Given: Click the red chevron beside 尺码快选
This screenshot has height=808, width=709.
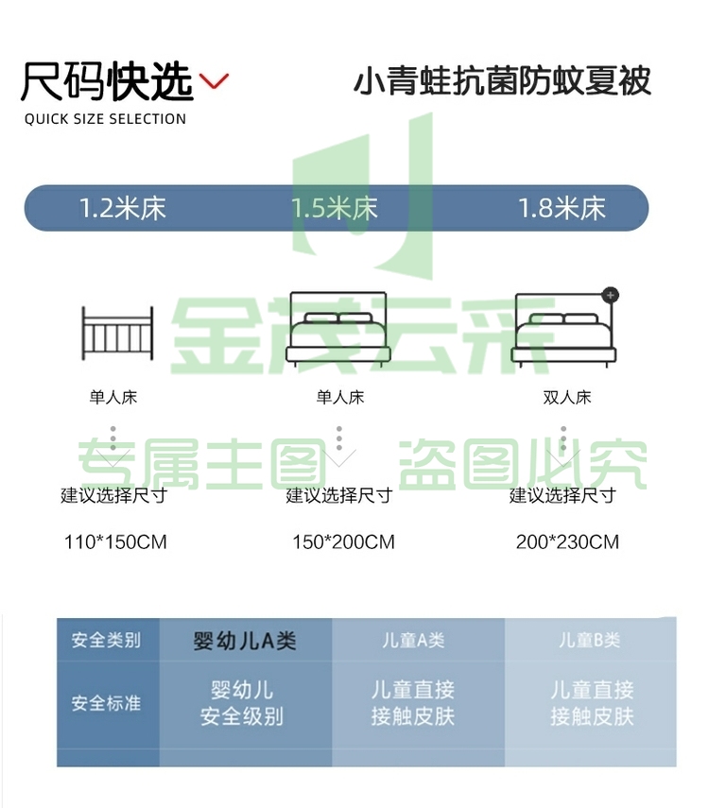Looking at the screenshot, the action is (214, 81).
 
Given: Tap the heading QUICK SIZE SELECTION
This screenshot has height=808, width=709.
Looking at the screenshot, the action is (105, 119).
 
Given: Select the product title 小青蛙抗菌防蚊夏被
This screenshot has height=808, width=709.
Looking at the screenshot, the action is (502, 81).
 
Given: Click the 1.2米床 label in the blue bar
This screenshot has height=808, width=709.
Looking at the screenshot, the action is (123, 209).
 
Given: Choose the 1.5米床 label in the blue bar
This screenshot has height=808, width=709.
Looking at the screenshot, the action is (335, 209).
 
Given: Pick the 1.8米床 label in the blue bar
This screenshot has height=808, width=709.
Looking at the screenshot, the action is (562, 209).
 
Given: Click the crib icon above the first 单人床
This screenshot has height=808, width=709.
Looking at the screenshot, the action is (117, 334).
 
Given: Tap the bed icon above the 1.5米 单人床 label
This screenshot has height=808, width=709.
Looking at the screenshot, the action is (338, 329).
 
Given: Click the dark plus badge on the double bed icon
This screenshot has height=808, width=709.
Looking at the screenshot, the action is (611, 295).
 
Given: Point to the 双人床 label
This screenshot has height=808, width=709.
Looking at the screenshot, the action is (566, 397).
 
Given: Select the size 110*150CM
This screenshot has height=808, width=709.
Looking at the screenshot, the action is (115, 542).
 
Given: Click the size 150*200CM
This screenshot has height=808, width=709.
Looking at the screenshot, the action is (343, 542).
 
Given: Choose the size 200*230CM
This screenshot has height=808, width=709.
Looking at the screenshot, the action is (567, 542).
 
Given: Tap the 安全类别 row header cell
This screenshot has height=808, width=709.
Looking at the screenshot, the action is (106, 640).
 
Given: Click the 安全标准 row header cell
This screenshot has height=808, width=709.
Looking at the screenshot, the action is (106, 703).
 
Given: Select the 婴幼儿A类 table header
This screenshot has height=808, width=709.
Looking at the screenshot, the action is (245, 641).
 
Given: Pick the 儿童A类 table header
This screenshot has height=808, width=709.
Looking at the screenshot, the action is (413, 640).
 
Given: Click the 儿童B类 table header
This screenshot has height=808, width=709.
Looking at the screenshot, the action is (590, 640).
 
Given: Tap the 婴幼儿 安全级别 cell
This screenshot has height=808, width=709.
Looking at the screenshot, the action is (242, 703).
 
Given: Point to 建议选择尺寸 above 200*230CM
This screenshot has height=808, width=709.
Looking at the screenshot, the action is (562, 496).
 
